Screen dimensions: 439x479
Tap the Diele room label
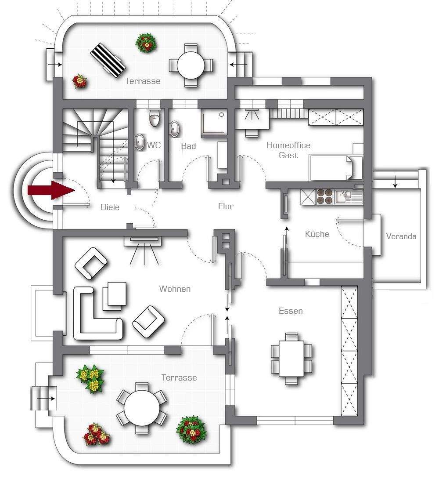(110, 207)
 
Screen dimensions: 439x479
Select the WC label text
(154, 145)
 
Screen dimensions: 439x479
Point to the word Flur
(226, 207)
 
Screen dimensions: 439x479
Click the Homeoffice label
(288, 145)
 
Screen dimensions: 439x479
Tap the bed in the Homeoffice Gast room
(336, 167)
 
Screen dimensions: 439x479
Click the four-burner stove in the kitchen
(325, 196)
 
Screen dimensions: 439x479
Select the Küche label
(317, 234)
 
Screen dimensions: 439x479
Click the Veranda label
(401, 236)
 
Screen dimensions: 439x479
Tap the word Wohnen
(175, 289)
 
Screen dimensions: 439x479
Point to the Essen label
(291, 311)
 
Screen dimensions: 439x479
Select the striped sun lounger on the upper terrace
(108, 60)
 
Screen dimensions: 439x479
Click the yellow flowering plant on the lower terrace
(91, 379)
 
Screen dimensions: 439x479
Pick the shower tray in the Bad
(214, 123)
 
